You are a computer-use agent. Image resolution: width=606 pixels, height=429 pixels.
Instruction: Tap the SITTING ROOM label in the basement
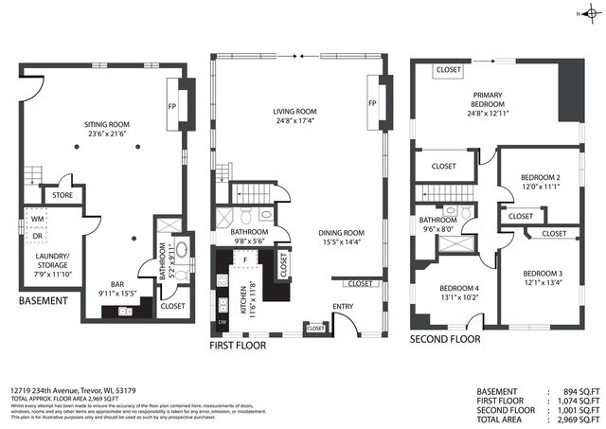click(x=106, y=124)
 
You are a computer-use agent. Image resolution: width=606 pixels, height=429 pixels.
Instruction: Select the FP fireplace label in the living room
click(x=372, y=102)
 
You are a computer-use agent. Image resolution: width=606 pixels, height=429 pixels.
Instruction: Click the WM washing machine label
click(x=38, y=219)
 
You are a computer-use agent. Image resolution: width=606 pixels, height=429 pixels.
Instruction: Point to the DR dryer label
click(x=38, y=238)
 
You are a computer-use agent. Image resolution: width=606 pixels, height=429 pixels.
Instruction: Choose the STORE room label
click(x=62, y=196)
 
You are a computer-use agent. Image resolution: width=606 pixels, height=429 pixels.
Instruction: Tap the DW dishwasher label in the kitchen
click(x=223, y=322)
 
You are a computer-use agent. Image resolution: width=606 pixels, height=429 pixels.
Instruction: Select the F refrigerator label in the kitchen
click(x=246, y=259)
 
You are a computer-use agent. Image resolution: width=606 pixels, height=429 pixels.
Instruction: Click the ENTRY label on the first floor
click(x=342, y=306)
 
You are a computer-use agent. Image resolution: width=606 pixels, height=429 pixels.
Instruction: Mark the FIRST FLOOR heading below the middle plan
click(x=237, y=347)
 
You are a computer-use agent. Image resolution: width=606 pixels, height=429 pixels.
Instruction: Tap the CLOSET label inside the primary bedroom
click(x=448, y=70)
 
